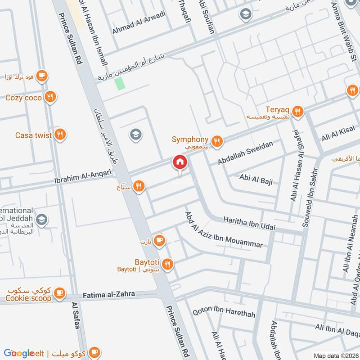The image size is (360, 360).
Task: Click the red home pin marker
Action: [x=180, y=162]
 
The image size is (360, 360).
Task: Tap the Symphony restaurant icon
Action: [x=217, y=141]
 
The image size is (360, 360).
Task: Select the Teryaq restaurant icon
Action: [x=297, y=111]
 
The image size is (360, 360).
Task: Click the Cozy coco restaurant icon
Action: [x=50, y=97]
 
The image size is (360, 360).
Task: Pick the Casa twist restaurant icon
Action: [x=59, y=135]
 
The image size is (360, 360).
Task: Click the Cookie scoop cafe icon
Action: [x=59, y=293]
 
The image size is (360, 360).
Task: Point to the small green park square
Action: [x=119, y=84]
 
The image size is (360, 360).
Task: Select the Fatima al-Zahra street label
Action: [x=109, y=295]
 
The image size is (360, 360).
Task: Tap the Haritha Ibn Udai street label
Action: [x=249, y=224]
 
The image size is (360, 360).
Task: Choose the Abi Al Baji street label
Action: [x=256, y=180]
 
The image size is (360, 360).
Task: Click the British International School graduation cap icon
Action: [x=41, y=220]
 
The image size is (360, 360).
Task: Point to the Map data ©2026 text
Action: [x=335, y=355]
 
